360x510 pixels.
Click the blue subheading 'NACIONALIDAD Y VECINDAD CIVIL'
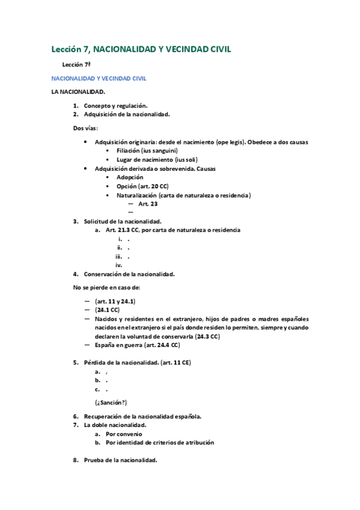point(99,78)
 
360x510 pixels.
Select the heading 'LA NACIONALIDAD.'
point(78,92)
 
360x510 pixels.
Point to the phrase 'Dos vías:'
point(86,128)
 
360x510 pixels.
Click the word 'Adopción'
point(130,177)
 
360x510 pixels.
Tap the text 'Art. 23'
point(148,204)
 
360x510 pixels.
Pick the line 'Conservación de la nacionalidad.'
point(129,274)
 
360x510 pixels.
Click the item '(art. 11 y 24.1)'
point(115,301)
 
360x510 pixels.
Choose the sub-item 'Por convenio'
point(124,434)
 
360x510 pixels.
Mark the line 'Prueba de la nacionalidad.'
point(120,460)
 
